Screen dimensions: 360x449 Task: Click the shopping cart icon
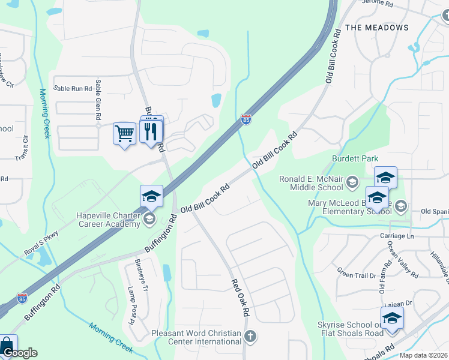click(124, 133)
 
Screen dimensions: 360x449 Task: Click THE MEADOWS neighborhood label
click(377, 28)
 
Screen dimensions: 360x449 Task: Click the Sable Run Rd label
click(73, 88)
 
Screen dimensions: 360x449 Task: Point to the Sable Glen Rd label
click(98, 103)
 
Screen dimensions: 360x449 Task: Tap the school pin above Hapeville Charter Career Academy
click(151, 196)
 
